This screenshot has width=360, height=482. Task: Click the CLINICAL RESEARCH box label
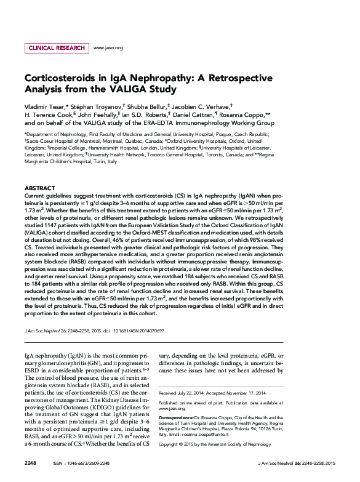point(57,47)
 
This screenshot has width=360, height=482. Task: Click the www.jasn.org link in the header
point(108,47)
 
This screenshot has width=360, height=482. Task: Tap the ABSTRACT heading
point(40,187)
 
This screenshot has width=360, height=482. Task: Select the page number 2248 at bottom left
point(30,462)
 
